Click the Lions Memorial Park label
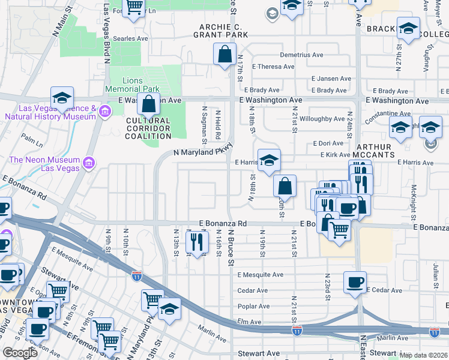coord(140,85)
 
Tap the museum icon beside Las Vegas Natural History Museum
coord(104,112)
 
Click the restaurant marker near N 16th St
coord(196,242)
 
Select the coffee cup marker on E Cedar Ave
coord(355,282)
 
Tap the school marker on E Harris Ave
coord(269,160)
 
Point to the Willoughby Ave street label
coord(322,119)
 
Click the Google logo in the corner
coord(20,353)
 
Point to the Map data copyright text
coord(423,355)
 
